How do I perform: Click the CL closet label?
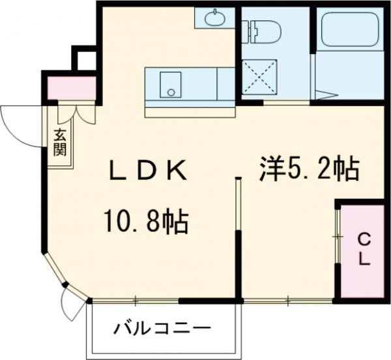363,249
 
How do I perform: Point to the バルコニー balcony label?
162,328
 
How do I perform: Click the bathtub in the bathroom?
348,29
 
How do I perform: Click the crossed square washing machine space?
260,79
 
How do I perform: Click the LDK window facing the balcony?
135,301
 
